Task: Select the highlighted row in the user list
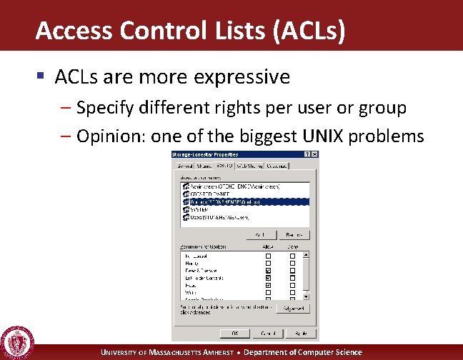pyautogui.click(x=243, y=201)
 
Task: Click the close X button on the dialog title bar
pyautogui.click(x=315, y=154)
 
